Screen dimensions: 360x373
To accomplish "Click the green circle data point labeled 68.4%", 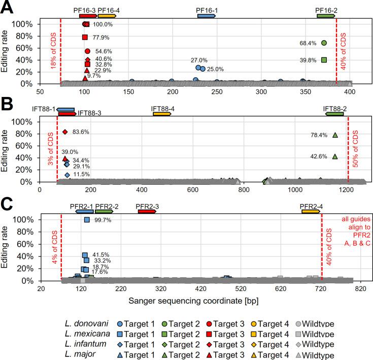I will point(324,43).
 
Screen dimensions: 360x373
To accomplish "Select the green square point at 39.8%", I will point(324,60).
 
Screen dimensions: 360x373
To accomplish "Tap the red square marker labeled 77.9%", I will point(85,37).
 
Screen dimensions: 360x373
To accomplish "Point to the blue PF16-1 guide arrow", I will point(207,16).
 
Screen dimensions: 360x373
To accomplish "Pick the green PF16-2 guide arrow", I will point(326,16).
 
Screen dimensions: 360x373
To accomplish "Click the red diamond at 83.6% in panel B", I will point(65,132).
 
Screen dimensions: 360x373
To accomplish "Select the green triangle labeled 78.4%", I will point(335,135).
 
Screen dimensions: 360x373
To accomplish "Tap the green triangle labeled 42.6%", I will point(335,156).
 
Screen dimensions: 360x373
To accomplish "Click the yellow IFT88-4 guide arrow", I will point(162,114).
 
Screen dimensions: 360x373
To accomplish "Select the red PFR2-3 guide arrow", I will point(147,211).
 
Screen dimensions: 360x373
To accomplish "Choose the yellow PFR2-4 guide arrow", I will point(311,211).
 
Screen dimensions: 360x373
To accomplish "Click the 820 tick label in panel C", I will point(360,288).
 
